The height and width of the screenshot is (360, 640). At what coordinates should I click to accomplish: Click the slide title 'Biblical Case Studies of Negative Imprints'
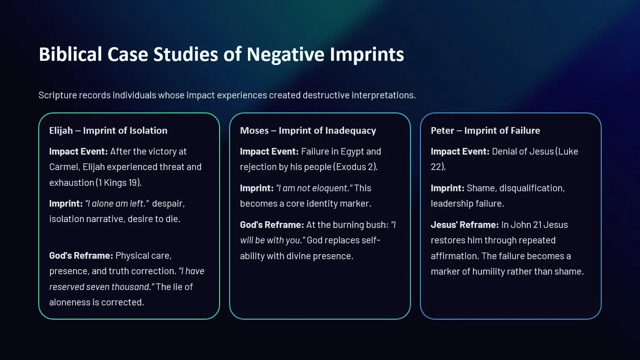tap(221, 55)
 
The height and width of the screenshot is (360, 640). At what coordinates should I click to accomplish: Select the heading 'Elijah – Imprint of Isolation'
tap(108, 130)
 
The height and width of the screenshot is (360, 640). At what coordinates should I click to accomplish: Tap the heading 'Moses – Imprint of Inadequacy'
tap(308, 130)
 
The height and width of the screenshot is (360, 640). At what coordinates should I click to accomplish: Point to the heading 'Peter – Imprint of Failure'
tap(485, 130)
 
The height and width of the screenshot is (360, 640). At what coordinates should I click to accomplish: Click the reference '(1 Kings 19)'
tap(119, 182)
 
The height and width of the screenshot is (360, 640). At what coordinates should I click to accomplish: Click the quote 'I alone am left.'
tap(117, 203)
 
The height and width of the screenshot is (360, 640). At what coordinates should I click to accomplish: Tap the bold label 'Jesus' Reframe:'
tap(465, 225)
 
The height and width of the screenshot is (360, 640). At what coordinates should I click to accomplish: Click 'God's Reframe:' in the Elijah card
tap(81, 255)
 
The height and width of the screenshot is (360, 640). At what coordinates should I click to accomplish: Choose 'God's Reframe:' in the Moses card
tap(272, 225)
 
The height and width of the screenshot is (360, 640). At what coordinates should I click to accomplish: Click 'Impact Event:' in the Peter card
tap(460, 151)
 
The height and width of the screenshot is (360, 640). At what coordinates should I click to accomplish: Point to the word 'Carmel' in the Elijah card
tap(63, 167)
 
